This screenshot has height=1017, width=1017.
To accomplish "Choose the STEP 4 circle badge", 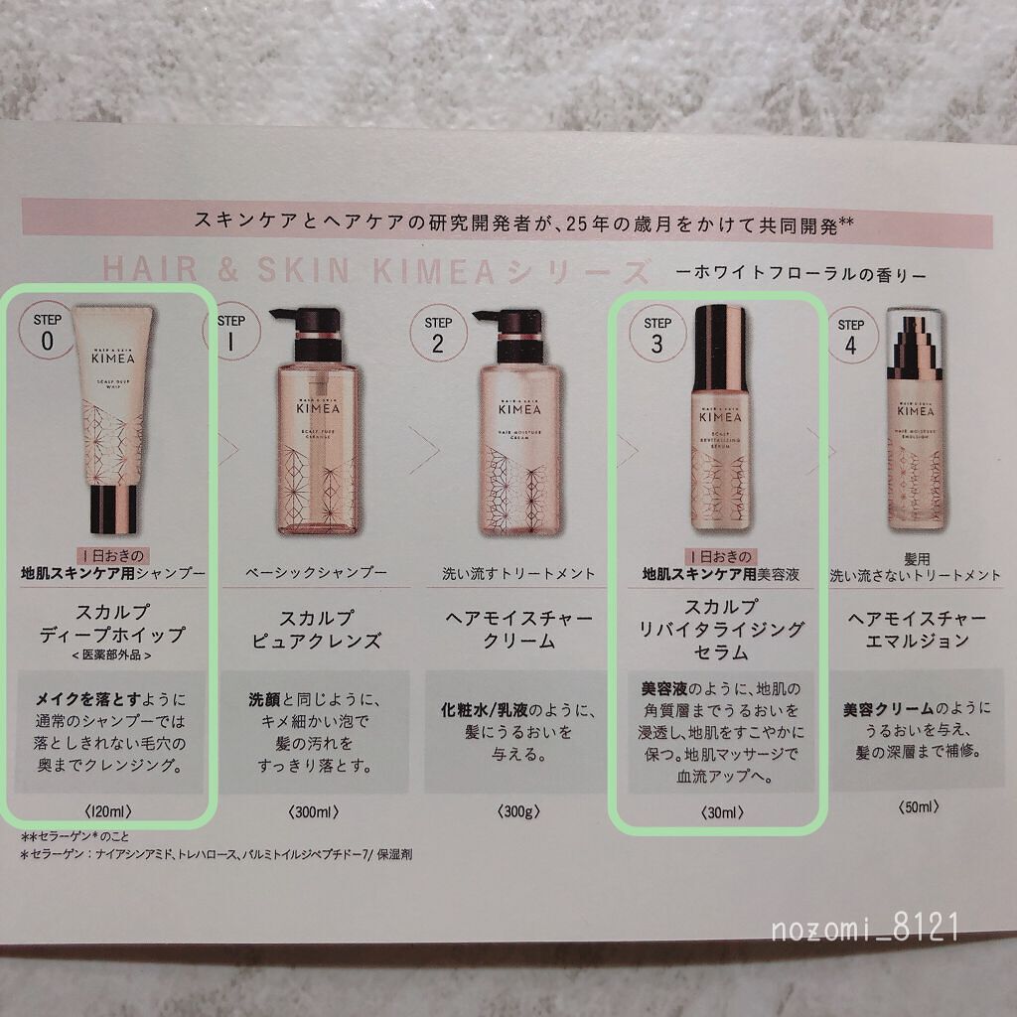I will tap(850, 335).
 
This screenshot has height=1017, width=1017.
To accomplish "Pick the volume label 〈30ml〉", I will tap(718, 812).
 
